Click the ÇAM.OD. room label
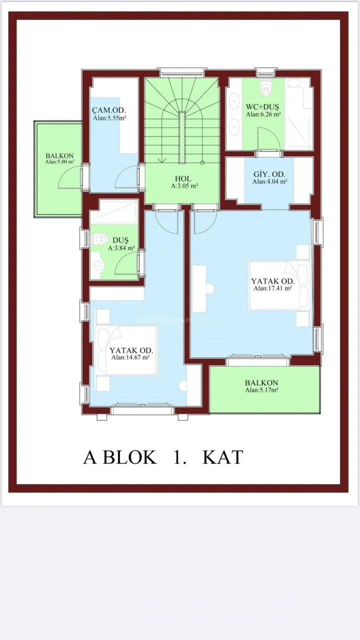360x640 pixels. click(109, 110)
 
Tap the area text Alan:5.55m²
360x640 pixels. click(109, 118)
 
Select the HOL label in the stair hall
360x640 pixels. click(183, 179)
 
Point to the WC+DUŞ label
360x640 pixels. click(262, 107)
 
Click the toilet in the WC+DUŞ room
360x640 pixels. click(265, 88)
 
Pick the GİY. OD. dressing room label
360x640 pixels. click(269, 174)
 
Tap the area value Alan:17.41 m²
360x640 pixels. click(272, 288)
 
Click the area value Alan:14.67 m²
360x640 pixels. click(130, 357)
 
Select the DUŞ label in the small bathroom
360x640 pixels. click(120, 240)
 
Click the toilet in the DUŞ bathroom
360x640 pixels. click(99, 238)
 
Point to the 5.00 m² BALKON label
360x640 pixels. click(59, 156)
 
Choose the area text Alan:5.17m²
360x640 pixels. click(261, 390)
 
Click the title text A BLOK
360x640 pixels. click(120, 457)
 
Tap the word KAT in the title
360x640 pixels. click(222, 457)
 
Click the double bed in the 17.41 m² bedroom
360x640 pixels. click(279, 285)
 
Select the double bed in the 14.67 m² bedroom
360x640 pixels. click(127, 350)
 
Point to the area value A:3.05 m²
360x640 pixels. click(184, 185)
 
